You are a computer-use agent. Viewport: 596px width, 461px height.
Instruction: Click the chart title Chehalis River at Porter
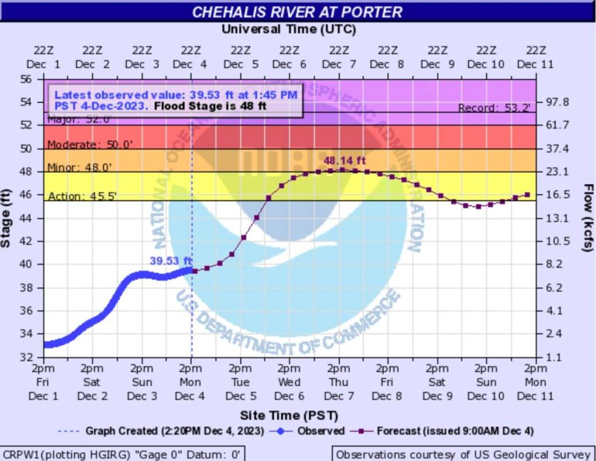297,12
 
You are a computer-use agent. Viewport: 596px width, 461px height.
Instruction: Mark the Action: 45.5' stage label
83,196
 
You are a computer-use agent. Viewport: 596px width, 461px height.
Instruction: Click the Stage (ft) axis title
6,218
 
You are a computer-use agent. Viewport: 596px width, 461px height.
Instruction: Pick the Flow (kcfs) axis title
588,218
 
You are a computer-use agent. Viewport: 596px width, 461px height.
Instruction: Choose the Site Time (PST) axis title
289,416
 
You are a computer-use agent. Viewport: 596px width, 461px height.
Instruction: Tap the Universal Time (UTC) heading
289,29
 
